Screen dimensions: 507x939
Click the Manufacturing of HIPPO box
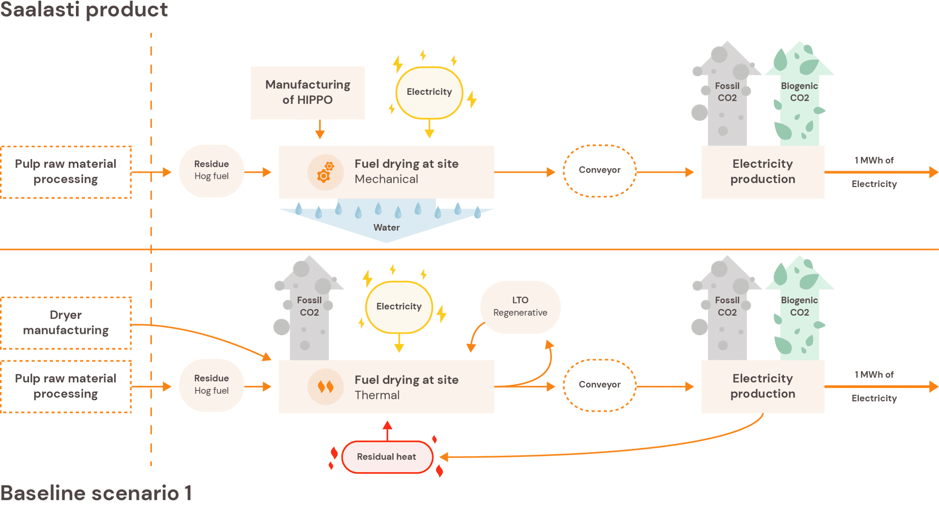[307, 92]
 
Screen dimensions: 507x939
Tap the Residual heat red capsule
[387, 457]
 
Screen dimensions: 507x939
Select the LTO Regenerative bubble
[520, 306]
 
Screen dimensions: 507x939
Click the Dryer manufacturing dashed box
[66, 323]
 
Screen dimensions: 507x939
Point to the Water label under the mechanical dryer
[386, 227]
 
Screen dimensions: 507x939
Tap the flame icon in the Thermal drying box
[325, 386]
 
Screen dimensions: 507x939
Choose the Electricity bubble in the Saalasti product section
[429, 92]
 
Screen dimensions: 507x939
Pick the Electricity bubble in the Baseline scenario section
[399, 306]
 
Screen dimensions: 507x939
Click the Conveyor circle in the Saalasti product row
[599, 170]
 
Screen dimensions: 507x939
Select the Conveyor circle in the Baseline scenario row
[599, 385]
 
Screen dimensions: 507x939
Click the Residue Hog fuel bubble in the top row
[211, 170]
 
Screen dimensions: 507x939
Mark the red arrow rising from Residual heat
[387, 431]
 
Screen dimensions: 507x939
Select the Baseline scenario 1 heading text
[96, 493]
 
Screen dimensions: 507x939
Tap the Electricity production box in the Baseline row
[763, 386]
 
